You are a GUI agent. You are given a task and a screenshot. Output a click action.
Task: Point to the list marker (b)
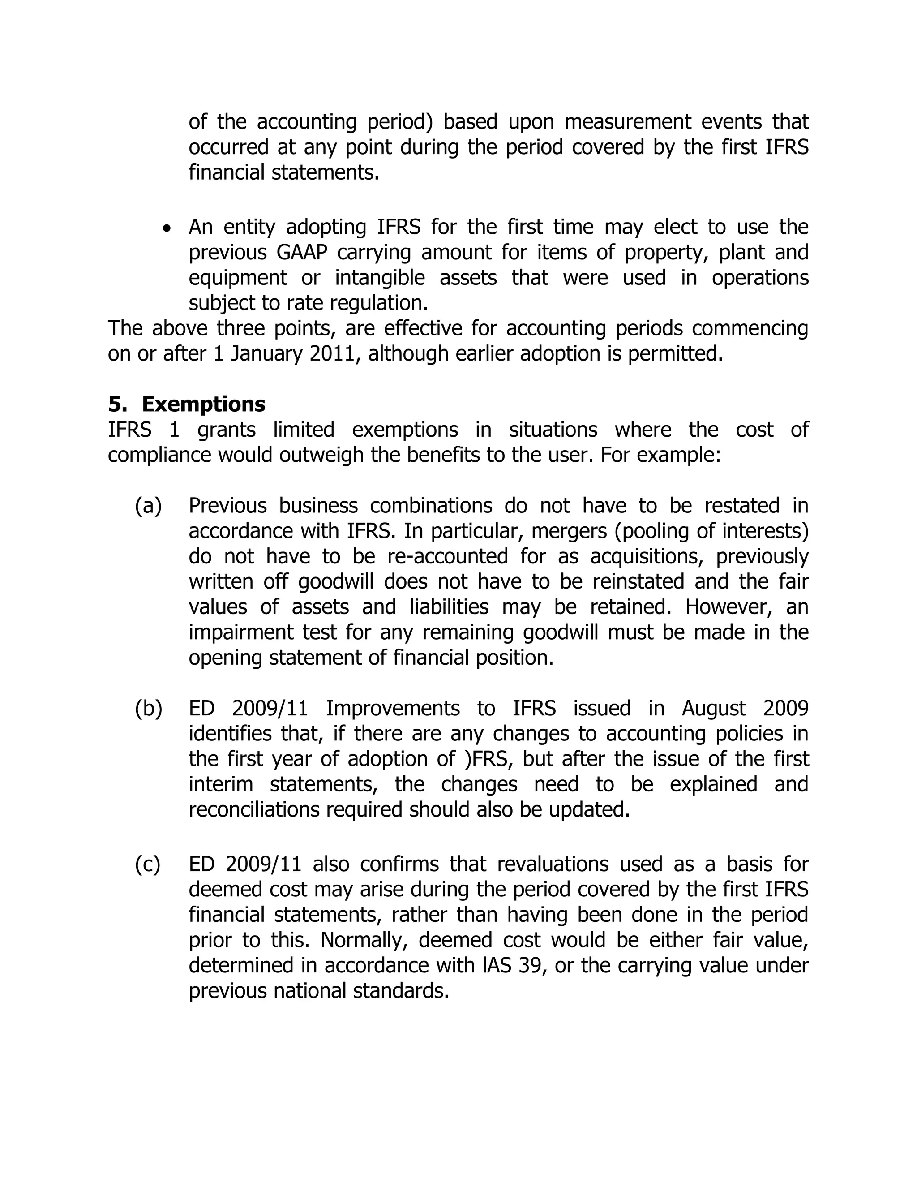point(148,709)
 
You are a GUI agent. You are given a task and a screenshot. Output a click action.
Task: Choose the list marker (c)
point(148,864)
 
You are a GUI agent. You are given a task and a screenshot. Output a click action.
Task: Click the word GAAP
point(300,253)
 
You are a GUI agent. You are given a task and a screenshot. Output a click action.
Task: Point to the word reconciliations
point(254,810)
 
